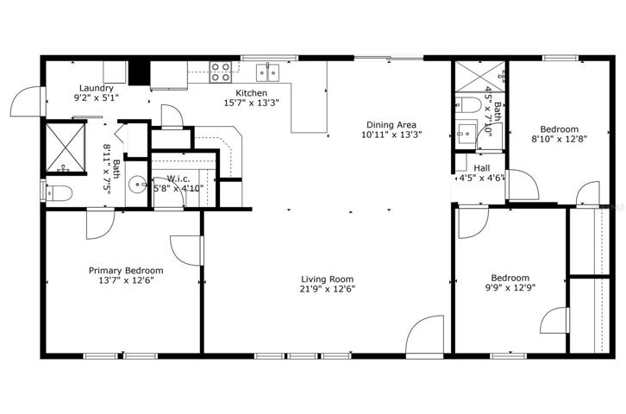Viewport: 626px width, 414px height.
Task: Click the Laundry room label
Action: point(97,88)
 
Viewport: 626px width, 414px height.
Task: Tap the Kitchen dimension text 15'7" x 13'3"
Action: point(251,103)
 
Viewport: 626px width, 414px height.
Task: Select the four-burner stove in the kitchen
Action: point(221,72)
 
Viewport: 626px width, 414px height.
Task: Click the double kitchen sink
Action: point(267,72)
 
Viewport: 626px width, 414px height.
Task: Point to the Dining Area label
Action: point(391,125)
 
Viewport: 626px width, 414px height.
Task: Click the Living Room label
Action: point(327,279)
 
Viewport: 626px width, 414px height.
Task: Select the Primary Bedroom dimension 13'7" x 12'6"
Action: point(126,280)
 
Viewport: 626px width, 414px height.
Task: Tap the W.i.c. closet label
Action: point(178,179)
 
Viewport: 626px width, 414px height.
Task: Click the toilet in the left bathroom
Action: point(59,193)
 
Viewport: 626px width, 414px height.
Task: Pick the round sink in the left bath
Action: point(138,185)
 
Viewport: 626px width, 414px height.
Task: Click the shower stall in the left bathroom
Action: point(66,147)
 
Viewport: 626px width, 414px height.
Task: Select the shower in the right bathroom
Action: point(480,76)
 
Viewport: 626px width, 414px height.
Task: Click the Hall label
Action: point(481,168)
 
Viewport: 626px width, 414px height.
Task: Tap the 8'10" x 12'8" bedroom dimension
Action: point(559,140)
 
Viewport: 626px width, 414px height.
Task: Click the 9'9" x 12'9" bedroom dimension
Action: point(510,287)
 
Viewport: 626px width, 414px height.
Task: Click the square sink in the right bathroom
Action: point(466,131)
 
